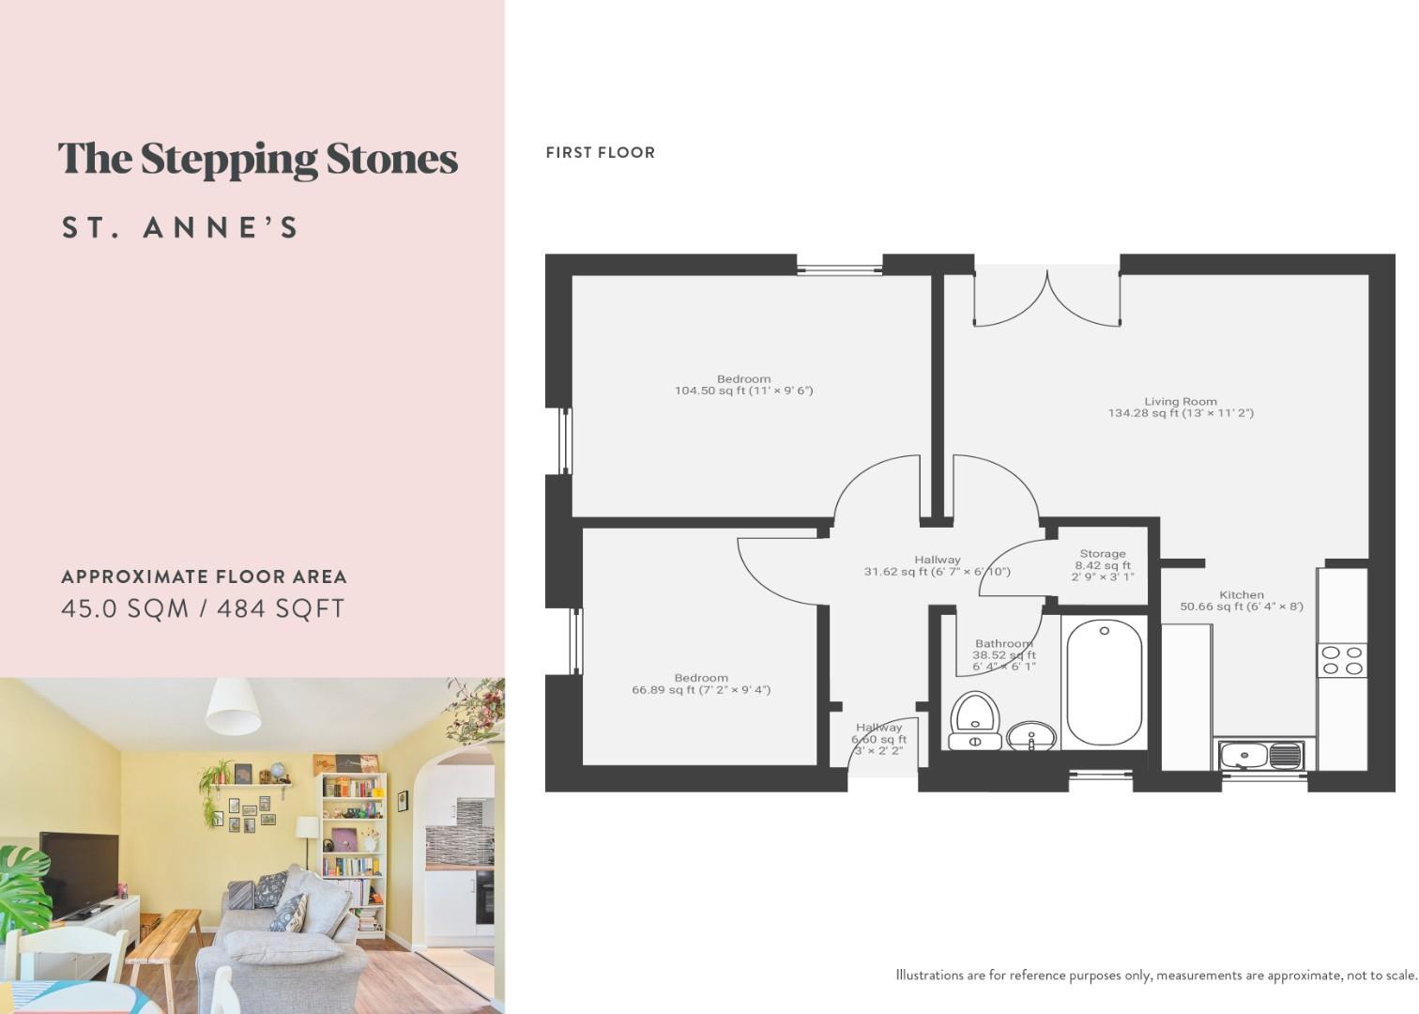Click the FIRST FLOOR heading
(600, 152)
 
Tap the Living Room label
(1180, 407)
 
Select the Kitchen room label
(1241, 601)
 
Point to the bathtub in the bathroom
(1104, 682)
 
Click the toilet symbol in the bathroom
(975, 720)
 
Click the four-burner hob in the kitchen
(1341, 660)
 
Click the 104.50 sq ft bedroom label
(743, 385)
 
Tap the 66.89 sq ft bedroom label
(700, 684)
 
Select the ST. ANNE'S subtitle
(179, 228)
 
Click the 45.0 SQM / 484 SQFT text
(203, 608)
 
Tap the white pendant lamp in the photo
(233, 705)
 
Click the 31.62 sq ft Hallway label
(936, 565)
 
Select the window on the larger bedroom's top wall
(839, 269)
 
